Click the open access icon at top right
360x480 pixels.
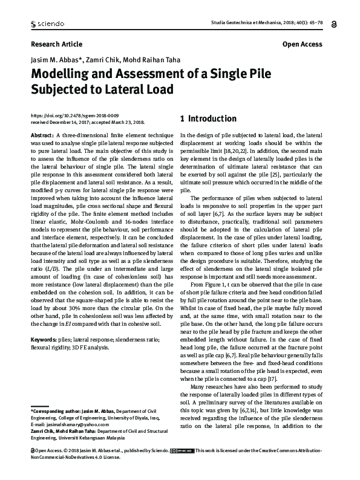tap(335, 24)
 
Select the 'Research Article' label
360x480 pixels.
tap(56, 44)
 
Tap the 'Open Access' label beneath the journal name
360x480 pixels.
tap(302, 44)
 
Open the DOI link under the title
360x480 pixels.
tap(74, 114)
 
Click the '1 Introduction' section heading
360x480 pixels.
tap(208, 118)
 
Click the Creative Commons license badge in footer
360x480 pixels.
tap(182, 467)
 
